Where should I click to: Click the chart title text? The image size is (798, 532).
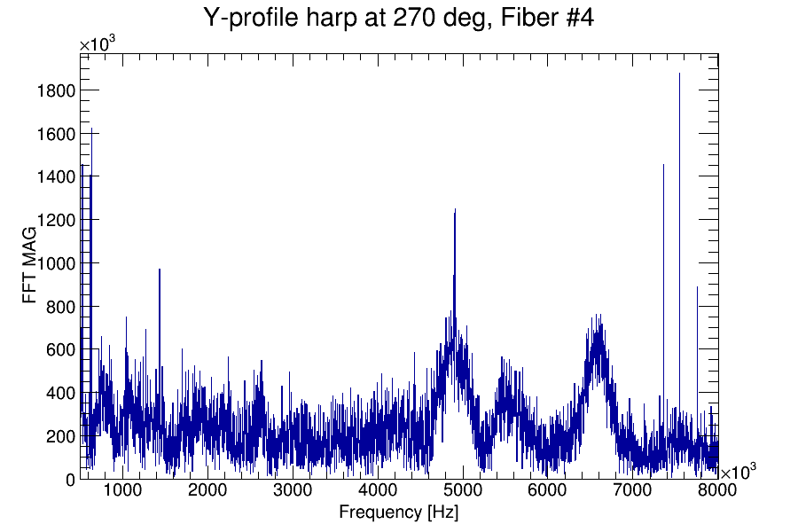[x=398, y=18]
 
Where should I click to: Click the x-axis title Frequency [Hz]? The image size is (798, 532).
[x=398, y=512]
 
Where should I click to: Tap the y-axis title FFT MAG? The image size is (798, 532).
[x=30, y=266]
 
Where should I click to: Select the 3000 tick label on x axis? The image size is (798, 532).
[x=293, y=492]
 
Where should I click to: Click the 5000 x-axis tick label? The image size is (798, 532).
[x=463, y=492]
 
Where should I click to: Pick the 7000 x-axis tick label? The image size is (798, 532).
[x=633, y=492]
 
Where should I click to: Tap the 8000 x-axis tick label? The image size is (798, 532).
[x=716, y=492]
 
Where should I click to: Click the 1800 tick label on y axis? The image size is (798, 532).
[x=54, y=90]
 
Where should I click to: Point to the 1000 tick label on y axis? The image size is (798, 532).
[x=54, y=263]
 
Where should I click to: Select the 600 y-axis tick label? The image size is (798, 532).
[x=59, y=349]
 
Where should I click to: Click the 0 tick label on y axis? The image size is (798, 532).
[x=70, y=479]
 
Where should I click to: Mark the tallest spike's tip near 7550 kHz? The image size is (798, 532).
[x=679, y=74]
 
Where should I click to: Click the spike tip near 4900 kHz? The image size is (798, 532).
[x=455, y=210]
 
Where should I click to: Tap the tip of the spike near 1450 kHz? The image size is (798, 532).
[x=160, y=270]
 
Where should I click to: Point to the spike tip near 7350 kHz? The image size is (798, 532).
[x=663, y=165]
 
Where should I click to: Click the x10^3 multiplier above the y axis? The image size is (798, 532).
[x=97, y=45]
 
